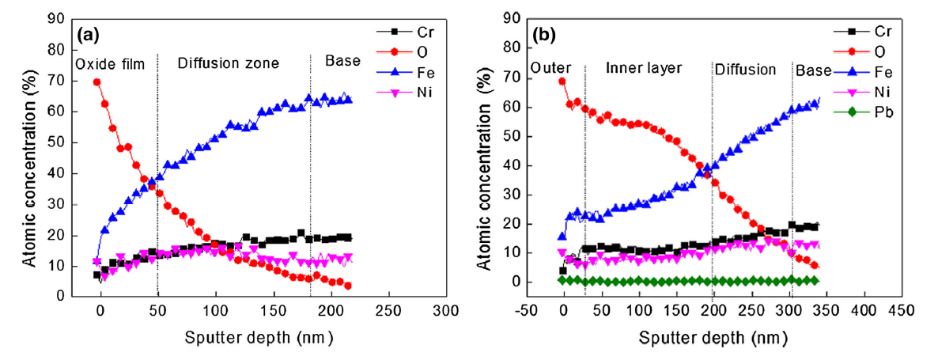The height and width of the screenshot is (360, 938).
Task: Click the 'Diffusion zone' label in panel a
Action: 229,63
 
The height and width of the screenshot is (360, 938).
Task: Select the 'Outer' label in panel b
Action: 550,69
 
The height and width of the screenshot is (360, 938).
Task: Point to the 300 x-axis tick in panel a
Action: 445,311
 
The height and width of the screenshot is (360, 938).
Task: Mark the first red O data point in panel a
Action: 96,81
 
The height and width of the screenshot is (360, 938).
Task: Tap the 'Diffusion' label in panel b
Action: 745,69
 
